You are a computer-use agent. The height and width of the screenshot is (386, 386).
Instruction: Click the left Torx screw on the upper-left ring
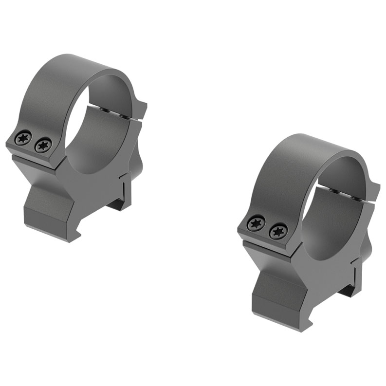click(x=23, y=138)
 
